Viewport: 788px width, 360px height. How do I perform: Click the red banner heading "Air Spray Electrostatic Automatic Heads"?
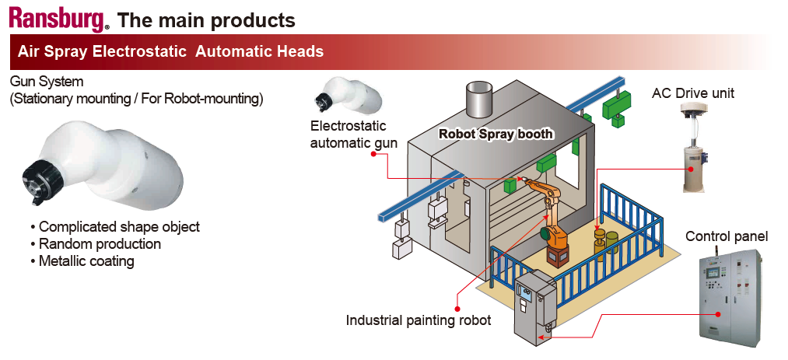tap(170, 52)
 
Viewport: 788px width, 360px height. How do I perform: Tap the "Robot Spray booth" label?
tap(496, 134)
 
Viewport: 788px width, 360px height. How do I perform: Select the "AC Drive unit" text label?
tap(692, 94)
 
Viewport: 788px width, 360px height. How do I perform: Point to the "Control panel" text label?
tap(727, 236)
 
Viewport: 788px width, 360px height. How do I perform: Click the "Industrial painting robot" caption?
tap(419, 320)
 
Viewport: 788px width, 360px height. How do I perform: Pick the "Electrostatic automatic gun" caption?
tap(348, 134)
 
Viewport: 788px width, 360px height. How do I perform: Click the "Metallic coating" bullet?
tap(86, 261)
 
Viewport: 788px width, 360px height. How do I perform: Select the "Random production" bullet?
tap(100, 244)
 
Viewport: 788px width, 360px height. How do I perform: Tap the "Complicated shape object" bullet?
tap(119, 227)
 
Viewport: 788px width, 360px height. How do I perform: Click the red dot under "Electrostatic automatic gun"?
tap(374, 154)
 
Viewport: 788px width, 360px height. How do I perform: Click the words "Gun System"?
tap(47, 82)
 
